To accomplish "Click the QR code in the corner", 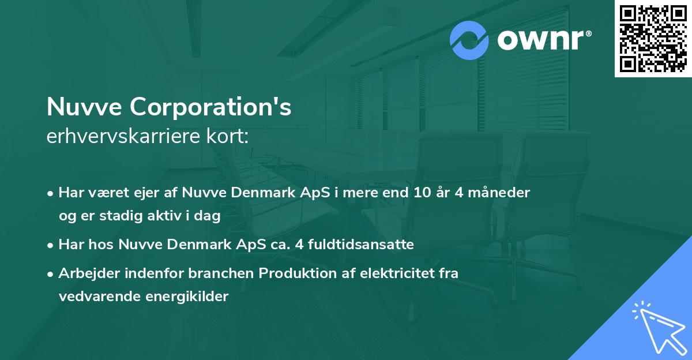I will click(653, 38).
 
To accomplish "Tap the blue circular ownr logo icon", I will click(469, 40).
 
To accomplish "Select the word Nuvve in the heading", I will click(84, 107).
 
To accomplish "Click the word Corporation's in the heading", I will click(210, 107).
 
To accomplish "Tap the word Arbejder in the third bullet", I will click(83, 273).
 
